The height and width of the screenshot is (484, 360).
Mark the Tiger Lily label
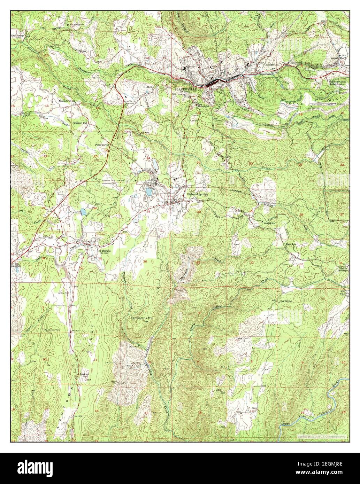[x=291, y=244]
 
